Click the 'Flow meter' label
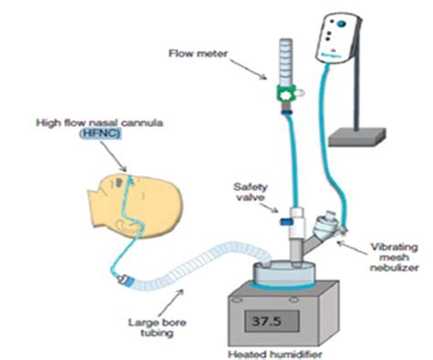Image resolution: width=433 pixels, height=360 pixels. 193,53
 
